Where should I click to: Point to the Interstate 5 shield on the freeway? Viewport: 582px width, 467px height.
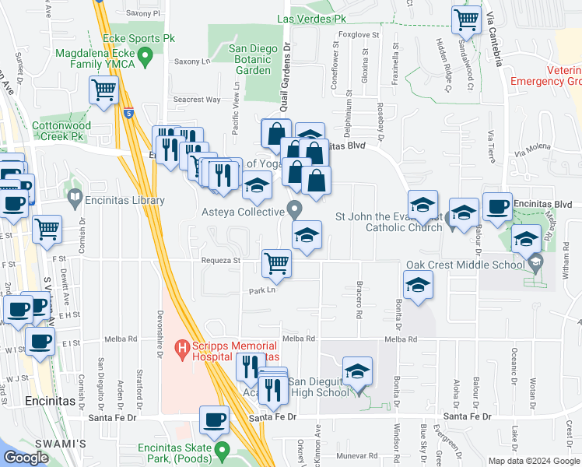click(x=128, y=114)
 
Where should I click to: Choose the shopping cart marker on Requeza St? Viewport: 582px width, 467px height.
click(x=276, y=263)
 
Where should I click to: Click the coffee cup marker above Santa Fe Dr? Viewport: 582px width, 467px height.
click(x=214, y=420)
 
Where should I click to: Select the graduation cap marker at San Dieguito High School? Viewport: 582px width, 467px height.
click(x=357, y=370)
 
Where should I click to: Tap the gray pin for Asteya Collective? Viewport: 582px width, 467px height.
click(x=294, y=209)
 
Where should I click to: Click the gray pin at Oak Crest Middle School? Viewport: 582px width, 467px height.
click(x=535, y=265)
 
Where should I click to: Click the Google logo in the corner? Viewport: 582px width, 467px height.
click(x=26, y=457)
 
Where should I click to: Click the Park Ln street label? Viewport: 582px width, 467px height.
click(x=262, y=290)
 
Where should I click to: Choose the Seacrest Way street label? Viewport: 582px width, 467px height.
click(x=197, y=100)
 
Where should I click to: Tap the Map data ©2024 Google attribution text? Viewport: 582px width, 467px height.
click(x=531, y=461)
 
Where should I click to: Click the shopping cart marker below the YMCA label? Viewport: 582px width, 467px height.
click(x=103, y=90)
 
